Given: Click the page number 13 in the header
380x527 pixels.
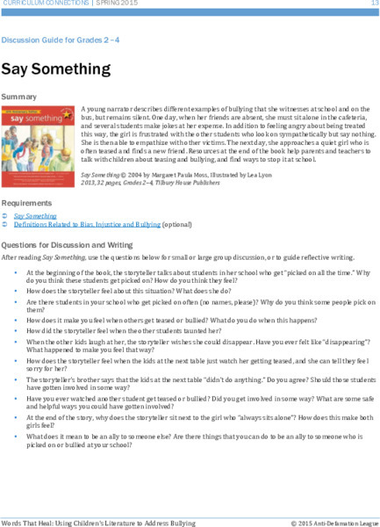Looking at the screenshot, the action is [x=373, y=4].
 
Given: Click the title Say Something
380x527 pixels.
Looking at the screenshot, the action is [x=55, y=69].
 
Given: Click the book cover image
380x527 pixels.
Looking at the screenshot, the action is [x=38, y=133].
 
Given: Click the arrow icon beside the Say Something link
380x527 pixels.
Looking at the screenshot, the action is [x=6, y=214].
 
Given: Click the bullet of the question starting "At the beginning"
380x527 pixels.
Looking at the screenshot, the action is [x=17, y=273].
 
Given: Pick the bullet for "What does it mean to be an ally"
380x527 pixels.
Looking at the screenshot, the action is [x=17, y=435].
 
